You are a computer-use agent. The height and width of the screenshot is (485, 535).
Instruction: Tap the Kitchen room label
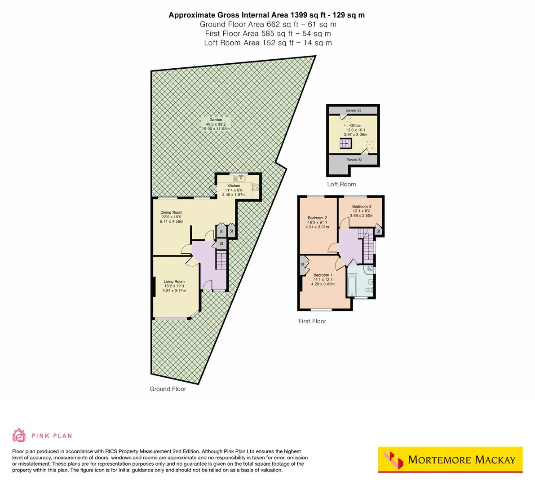[234, 185]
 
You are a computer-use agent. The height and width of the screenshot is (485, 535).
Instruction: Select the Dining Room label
[172, 212]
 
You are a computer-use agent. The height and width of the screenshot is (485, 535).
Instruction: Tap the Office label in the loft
[355, 126]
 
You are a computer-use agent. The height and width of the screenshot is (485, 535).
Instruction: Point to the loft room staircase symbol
[345, 143]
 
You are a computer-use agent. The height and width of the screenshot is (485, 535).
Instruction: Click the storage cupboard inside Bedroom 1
[302, 265]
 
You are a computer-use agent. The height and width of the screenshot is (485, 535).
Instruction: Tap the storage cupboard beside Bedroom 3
[378, 231]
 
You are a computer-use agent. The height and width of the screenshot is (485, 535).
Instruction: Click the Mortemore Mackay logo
[450, 460]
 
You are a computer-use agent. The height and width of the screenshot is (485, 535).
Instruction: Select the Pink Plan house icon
[19, 435]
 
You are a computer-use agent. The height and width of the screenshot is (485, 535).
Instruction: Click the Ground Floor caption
[168, 389]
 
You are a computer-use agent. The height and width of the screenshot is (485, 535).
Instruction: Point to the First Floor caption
[312, 321]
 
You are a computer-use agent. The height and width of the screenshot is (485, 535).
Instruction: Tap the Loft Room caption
[341, 184]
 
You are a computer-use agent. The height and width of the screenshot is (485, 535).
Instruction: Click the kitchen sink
[241, 177]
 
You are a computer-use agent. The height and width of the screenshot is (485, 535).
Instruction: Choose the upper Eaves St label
[354, 110]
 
